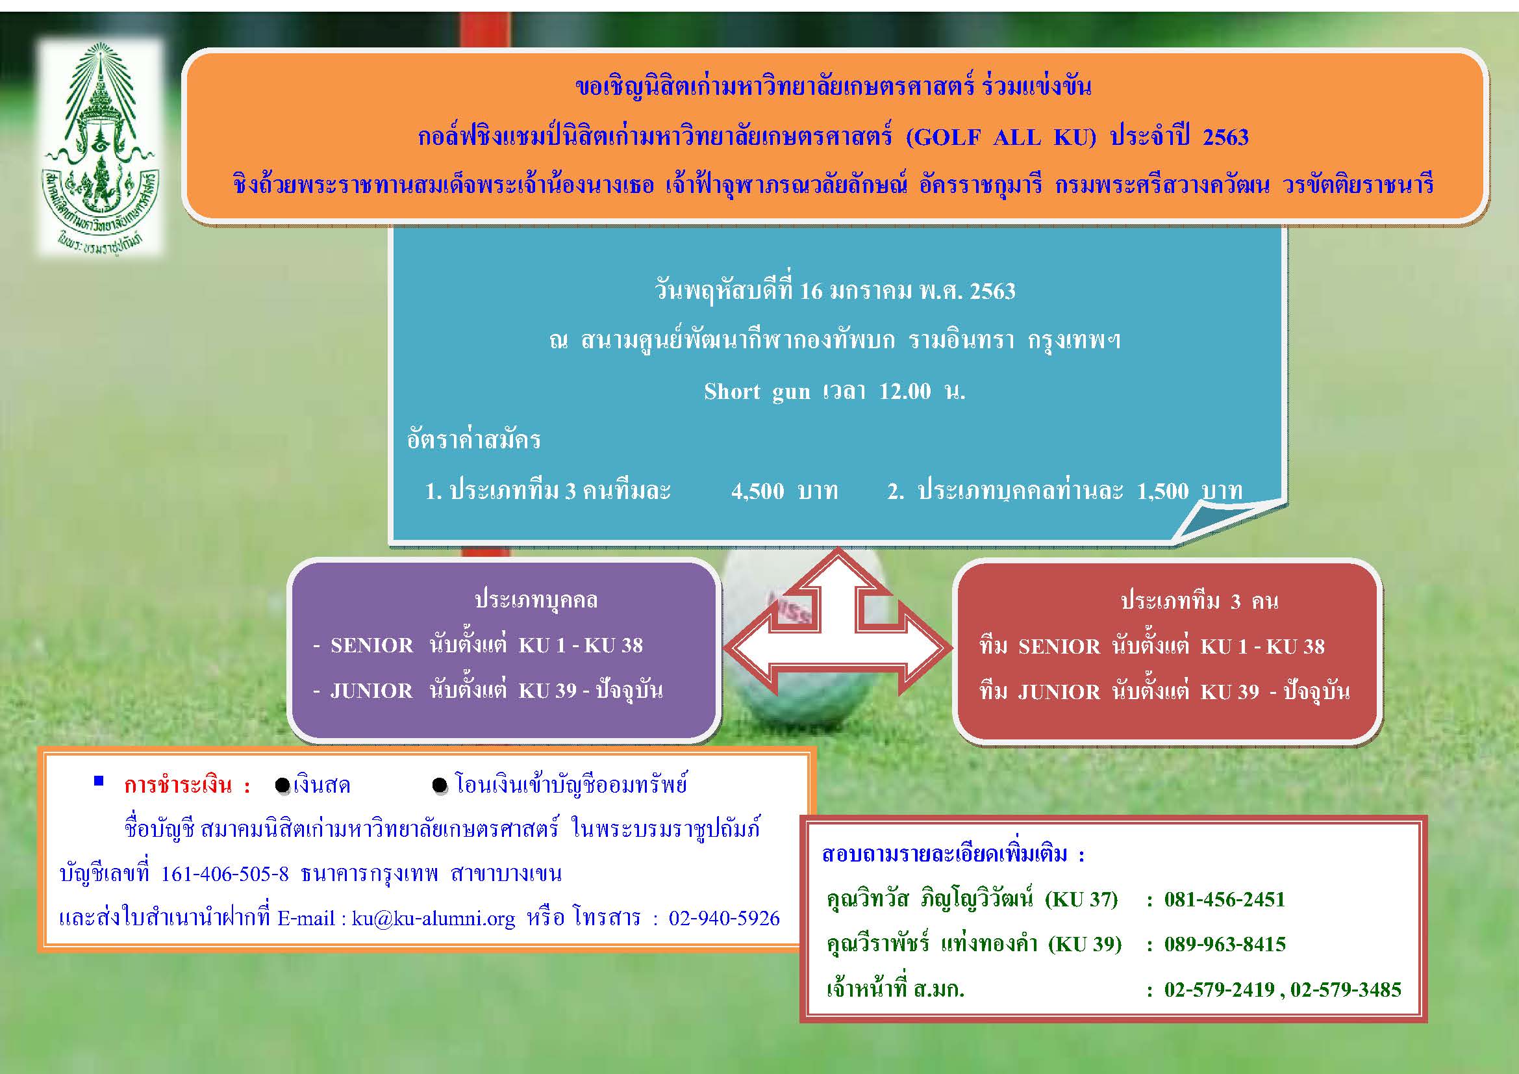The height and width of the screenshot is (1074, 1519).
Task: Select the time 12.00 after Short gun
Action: [905, 391]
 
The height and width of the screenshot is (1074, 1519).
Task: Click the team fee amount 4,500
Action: [757, 491]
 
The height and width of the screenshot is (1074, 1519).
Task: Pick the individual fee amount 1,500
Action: [1163, 491]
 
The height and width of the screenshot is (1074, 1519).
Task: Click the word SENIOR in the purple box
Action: [372, 645]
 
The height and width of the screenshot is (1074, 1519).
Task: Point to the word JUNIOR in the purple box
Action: [371, 691]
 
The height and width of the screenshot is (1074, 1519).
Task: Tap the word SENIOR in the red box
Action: [1059, 646]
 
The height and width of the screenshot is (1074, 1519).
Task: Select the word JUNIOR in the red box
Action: [1059, 692]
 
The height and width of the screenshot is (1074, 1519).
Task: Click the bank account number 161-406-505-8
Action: [225, 874]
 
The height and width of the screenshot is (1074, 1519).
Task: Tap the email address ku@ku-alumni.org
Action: [433, 919]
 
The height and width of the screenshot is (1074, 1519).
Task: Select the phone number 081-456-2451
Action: [1225, 899]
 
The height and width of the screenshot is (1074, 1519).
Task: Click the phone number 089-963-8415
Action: [1225, 943]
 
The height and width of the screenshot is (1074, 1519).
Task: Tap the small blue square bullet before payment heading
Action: [99, 781]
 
